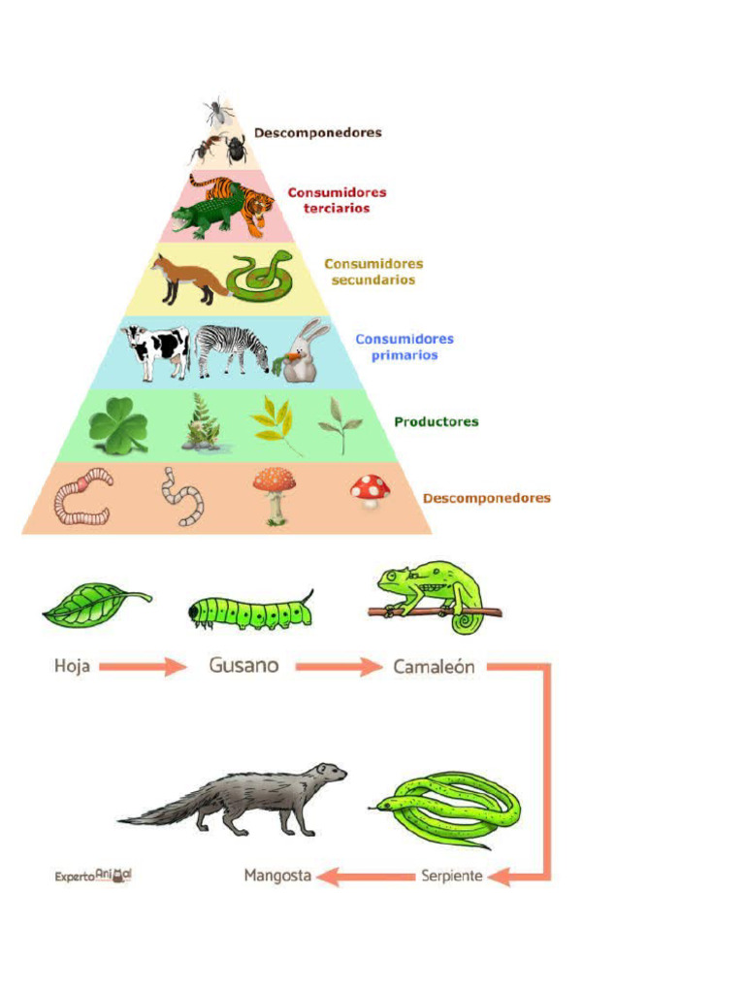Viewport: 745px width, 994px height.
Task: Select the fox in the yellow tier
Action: (181, 278)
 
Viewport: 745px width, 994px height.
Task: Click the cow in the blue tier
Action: (155, 349)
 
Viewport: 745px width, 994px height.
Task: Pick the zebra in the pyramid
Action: (231, 349)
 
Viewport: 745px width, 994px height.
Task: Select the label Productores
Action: (436, 422)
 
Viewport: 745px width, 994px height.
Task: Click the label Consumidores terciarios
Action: (337, 200)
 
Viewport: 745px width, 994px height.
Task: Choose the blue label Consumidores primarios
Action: (404, 347)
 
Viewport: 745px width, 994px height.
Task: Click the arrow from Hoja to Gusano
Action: (143, 667)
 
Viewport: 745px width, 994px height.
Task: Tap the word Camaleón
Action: (434, 667)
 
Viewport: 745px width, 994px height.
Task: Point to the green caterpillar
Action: (250, 612)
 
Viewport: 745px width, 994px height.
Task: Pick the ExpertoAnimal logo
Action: (93, 875)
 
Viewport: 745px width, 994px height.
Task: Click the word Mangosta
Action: (277, 876)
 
